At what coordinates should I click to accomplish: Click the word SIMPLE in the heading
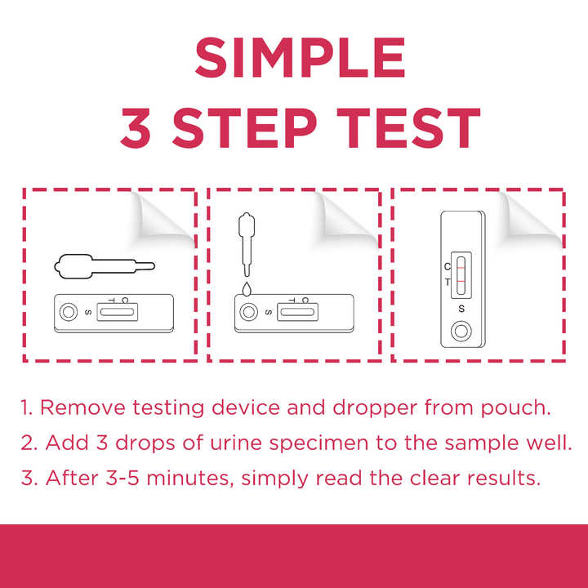(300, 57)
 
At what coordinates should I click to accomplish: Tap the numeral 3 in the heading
(136, 127)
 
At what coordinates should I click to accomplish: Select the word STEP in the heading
(244, 127)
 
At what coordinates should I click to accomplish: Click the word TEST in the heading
(408, 127)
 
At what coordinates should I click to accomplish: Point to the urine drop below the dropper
(247, 289)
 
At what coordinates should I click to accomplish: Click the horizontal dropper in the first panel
(105, 266)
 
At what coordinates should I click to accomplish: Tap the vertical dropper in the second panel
(247, 244)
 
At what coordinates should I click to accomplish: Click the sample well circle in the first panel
(69, 312)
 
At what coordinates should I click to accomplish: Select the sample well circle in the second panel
(248, 312)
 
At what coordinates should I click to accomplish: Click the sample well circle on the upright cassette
(461, 331)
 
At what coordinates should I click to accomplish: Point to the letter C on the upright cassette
(448, 266)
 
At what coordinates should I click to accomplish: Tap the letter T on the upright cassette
(448, 282)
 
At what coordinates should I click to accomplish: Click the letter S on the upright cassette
(461, 309)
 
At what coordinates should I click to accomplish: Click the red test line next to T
(461, 281)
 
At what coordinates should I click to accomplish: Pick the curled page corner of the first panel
(162, 217)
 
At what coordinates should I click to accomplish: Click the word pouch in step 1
(516, 408)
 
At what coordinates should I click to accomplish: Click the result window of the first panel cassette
(117, 312)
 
